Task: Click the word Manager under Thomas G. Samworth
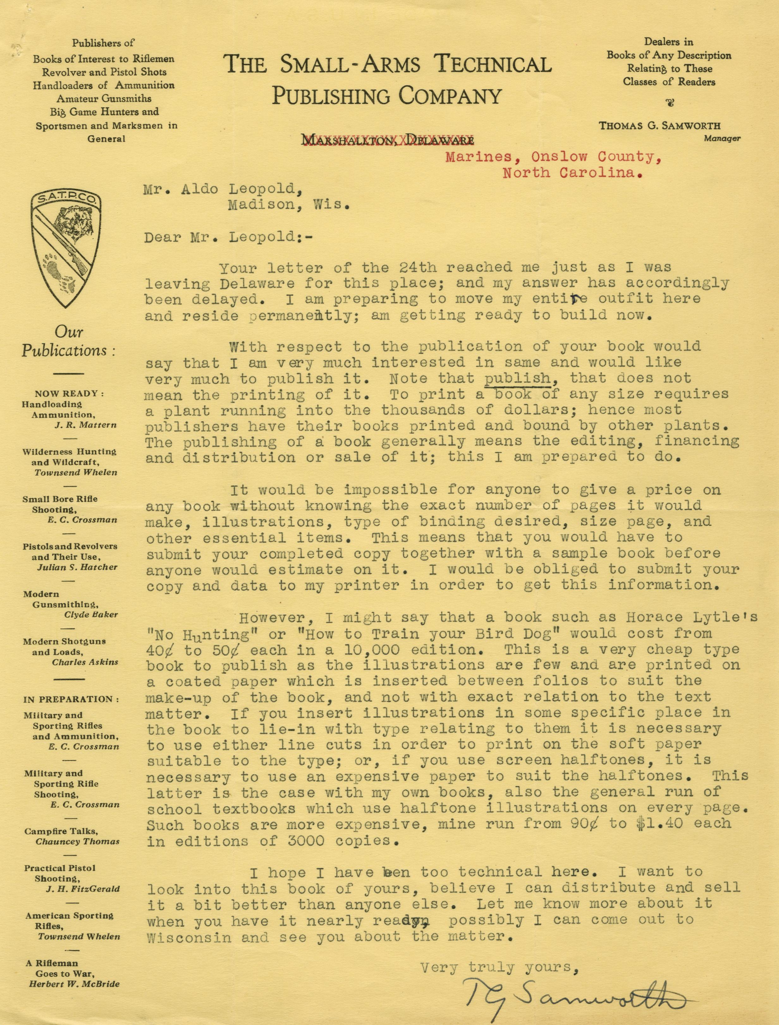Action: point(721,138)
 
